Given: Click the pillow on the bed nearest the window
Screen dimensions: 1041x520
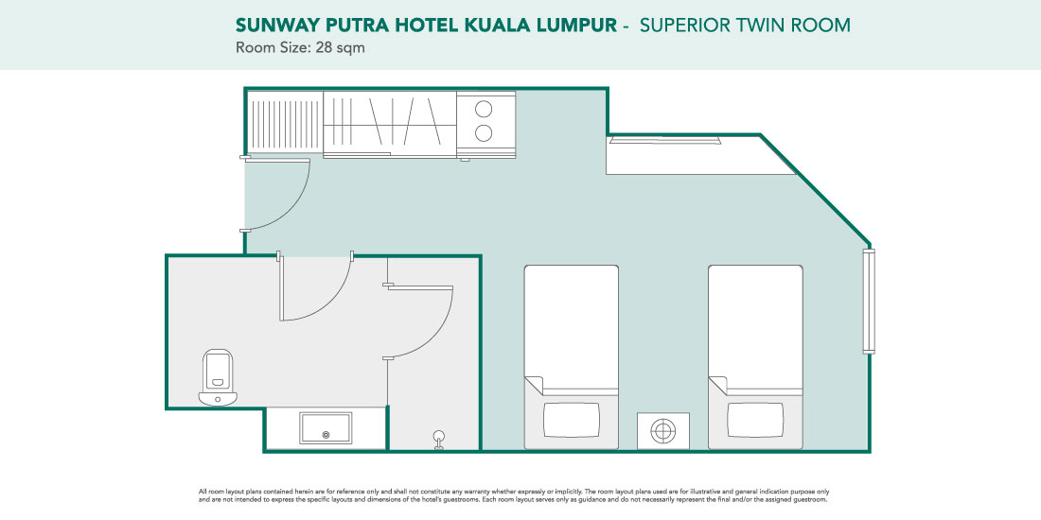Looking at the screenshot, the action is click(x=755, y=420).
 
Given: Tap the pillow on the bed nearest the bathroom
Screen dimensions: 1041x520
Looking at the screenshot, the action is click(x=571, y=420).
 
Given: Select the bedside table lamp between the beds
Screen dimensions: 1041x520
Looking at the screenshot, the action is click(x=662, y=430).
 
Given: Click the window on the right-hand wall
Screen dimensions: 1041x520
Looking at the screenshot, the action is click(x=869, y=301).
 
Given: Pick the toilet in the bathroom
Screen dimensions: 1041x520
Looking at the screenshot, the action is click(x=218, y=377).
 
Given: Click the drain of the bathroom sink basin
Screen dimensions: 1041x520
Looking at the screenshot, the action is click(x=326, y=435).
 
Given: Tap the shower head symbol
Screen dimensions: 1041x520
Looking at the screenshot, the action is click(x=439, y=439).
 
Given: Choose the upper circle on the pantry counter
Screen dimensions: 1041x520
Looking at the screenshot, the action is click(x=484, y=109).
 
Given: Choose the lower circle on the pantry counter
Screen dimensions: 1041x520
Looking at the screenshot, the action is click(x=484, y=133).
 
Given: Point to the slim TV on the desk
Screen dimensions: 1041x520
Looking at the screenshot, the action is click(x=664, y=139).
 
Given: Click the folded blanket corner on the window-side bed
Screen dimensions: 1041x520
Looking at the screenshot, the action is click(x=718, y=385).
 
